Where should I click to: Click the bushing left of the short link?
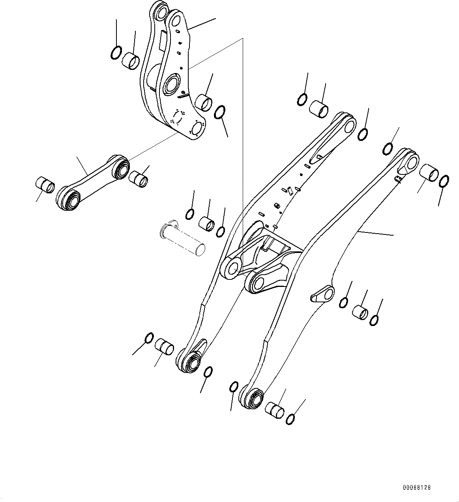[x=45, y=185]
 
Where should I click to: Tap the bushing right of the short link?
[x=138, y=178]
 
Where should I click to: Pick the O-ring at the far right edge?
[x=443, y=181]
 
